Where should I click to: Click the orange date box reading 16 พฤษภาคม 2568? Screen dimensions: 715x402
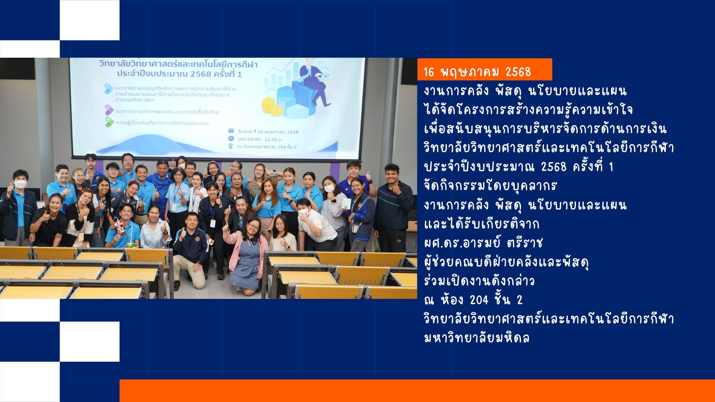point(484,69)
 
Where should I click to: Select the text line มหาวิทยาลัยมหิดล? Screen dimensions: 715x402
point(477,338)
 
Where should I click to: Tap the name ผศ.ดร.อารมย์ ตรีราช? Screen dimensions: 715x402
point(483,243)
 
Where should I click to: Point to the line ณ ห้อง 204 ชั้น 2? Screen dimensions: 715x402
point(473,300)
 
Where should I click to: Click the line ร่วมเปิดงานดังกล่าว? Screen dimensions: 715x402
point(479,281)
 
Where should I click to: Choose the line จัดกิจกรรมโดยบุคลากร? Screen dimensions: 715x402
point(490,185)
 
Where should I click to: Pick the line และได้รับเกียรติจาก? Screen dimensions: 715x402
point(482,224)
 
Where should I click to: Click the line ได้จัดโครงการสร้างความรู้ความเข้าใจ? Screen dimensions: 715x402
point(528,109)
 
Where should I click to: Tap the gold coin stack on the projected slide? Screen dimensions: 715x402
point(271,106)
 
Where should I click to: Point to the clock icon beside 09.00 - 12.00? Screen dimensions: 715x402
point(231,138)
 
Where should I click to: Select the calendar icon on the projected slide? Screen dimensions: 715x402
point(231,131)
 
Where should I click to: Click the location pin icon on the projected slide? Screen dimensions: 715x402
point(231,146)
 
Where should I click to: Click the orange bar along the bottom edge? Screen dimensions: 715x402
point(417,390)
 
